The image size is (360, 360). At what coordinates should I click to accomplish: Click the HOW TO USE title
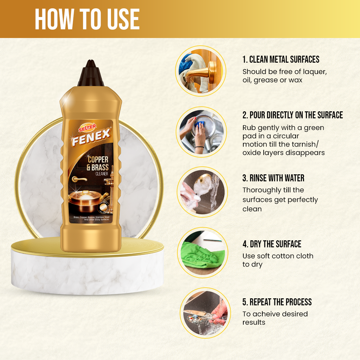[87, 19]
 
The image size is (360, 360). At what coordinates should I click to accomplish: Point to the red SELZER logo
[88, 126]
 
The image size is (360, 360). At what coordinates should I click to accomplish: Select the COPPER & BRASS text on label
[98, 163]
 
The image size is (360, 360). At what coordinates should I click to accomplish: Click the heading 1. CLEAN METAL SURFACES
[281, 60]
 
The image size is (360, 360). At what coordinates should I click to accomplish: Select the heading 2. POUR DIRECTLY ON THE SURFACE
[292, 115]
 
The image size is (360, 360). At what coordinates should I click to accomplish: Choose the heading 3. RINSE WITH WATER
[273, 178]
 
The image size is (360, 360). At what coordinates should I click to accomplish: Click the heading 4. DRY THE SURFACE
[272, 244]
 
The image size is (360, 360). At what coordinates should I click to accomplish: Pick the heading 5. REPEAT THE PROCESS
[277, 302]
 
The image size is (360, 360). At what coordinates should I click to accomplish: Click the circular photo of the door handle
[201, 71]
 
